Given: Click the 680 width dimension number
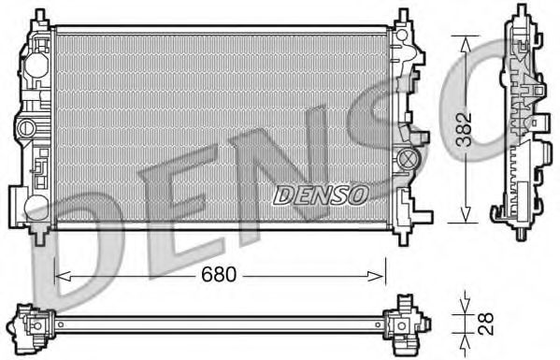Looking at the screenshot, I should (x=221, y=277).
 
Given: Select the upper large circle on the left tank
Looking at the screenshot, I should (x=36, y=65).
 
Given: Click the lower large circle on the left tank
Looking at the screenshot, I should (x=36, y=208).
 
